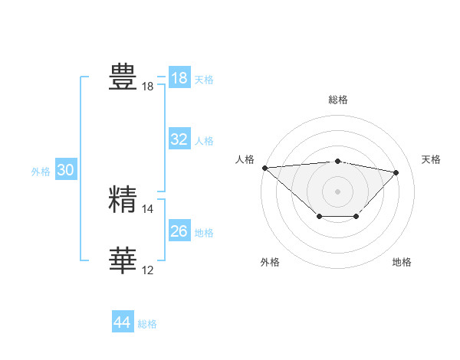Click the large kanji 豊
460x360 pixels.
(123, 77)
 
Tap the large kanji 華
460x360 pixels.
(123, 260)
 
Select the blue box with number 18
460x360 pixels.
(179, 78)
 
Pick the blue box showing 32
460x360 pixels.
(179, 139)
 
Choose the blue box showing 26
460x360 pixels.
(179, 231)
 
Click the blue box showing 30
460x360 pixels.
(65, 171)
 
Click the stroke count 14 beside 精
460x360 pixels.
(148, 208)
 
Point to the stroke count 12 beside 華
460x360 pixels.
(148, 270)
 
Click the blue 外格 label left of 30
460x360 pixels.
(41, 172)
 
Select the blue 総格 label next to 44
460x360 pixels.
(147, 324)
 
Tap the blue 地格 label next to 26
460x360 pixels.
(204, 233)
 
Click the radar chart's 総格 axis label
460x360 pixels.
(338, 100)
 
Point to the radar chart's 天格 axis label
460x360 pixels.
(432, 159)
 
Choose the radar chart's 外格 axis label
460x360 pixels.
(270, 262)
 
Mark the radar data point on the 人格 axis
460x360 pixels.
(264, 168)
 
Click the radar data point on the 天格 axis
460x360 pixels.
(396, 172)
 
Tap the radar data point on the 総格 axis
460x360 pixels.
(338, 161)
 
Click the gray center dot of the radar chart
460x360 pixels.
(338, 191)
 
